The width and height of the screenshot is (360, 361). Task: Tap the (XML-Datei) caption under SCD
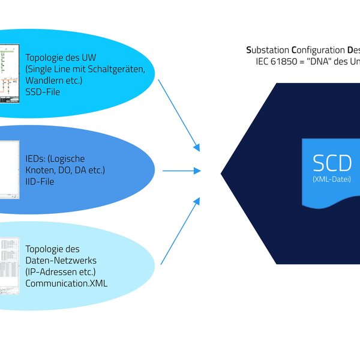(x=332, y=179)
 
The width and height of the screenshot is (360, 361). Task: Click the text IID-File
(x=40, y=181)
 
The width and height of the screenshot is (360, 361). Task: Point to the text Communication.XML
(x=67, y=284)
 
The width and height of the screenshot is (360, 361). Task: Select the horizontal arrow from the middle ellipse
(x=181, y=171)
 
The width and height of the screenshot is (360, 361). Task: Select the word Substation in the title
(x=268, y=50)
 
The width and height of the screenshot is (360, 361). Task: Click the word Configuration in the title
(x=319, y=50)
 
